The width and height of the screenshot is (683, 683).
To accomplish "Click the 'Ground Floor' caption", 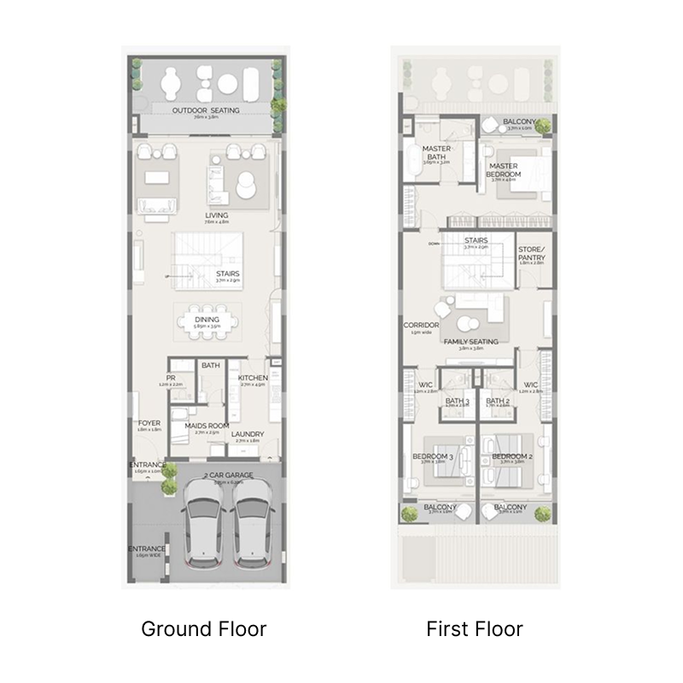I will coord(203,630).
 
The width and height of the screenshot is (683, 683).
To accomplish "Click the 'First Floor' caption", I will coord(475,630).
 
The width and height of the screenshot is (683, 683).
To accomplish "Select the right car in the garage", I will coord(252,527).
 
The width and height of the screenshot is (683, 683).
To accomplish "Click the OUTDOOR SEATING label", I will coord(206,111).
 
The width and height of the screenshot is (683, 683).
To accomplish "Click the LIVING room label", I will coord(205,215).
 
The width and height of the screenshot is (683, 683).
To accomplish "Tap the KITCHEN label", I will coord(254,377).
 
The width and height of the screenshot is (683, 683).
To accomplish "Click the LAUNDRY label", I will coord(247,435).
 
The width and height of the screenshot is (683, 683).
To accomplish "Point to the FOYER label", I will coord(149,423).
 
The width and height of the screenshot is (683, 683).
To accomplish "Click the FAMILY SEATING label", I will coord(470,341).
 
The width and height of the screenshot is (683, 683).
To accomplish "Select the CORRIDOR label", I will coord(422,325).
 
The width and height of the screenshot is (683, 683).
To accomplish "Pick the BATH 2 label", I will coord(497,400).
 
